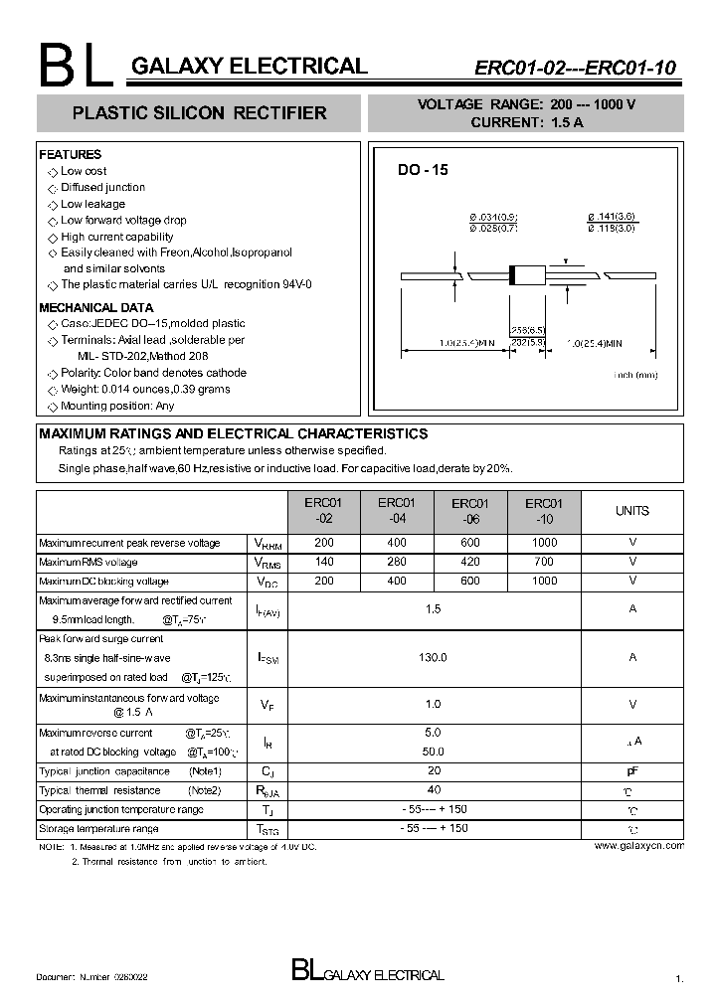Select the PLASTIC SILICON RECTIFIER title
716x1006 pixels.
click(200, 113)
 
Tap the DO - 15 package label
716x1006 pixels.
click(424, 170)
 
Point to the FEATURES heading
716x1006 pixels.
click(70, 155)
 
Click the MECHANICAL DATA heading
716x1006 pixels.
click(95, 308)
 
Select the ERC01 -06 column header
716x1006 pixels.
click(470, 511)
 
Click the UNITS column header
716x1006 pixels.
click(631, 511)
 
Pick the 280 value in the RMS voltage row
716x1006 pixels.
click(397, 562)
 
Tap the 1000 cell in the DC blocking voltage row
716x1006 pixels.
click(544, 581)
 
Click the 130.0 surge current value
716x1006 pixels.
click(433, 657)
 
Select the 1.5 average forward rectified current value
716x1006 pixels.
click(433, 608)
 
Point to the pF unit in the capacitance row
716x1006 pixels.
click(632, 771)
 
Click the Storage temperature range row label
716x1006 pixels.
click(98, 828)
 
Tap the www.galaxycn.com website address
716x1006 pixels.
click(638, 845)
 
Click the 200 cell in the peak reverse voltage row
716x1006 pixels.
click(324, 543)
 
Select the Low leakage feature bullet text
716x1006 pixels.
click(92, 204)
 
